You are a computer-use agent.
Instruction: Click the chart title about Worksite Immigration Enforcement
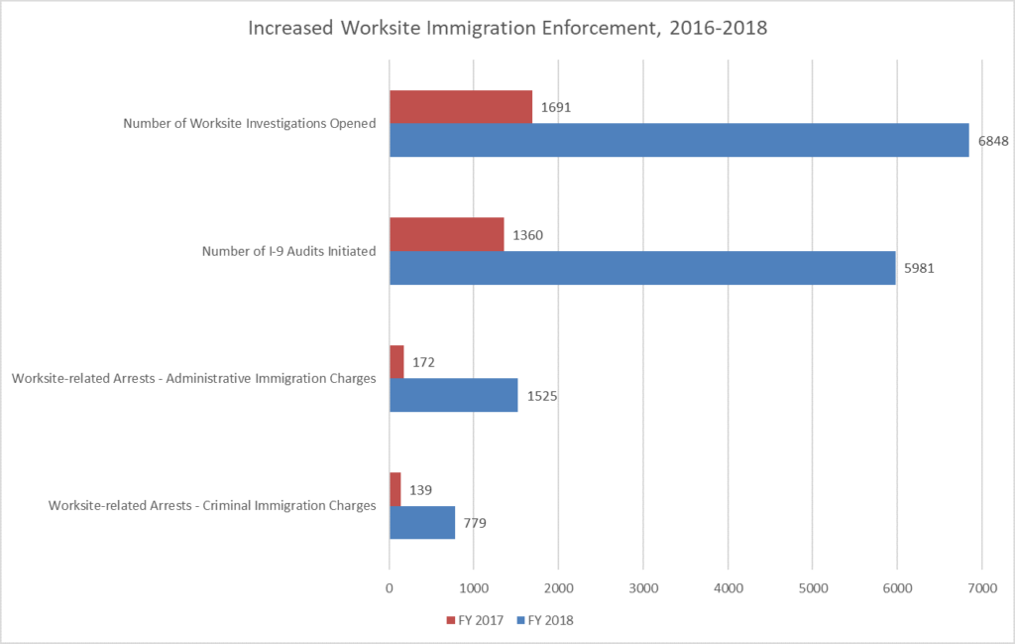click(x=507, y=28)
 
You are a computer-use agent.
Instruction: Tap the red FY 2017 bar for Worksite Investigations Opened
click(x=461, y=106)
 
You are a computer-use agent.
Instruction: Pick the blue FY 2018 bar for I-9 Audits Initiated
click(x=642, y=268)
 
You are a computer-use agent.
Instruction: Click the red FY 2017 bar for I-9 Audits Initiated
click(x=446, y=234)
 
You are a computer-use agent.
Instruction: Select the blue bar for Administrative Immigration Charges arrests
click(x=453, y=395)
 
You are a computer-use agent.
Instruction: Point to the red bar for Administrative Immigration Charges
click(x=396, y=362)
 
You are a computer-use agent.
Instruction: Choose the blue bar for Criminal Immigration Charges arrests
click(x=422, y=523)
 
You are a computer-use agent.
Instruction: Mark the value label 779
click(x=476, y=523)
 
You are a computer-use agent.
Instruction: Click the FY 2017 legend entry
click(x=475, y=620)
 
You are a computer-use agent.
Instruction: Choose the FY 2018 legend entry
click(x=545, y=620)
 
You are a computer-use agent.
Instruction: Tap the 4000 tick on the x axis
click(x=728, y=589)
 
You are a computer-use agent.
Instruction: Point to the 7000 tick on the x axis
click(x=981, y=589)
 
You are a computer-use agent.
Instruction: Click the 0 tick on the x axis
click(x=390, y=589)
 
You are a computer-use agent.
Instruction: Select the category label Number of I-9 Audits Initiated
click(x=288, y=251)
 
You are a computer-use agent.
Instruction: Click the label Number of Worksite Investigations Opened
click(x=250, y=124)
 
